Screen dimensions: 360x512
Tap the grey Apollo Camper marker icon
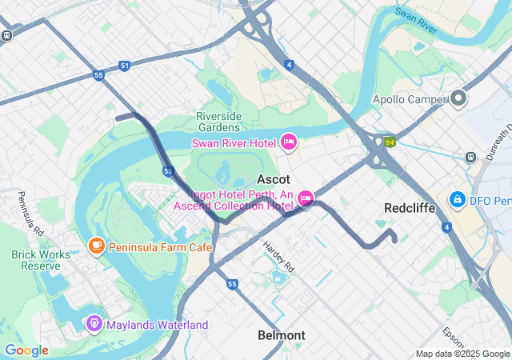[458, 99]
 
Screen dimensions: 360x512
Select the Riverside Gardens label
[218, 122]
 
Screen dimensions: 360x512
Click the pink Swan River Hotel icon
[289, 142]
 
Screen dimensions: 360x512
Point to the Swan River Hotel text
[234, 143]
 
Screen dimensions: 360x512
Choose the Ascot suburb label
[273, 179]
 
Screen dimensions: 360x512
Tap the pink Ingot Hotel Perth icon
[305, 198]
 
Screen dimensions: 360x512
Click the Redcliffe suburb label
[409, 207]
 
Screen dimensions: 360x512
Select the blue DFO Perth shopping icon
[457, 198]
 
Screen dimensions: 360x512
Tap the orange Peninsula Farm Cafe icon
[97, 245]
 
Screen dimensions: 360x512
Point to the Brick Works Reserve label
[36, 260]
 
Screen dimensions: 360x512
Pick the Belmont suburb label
[282, 335]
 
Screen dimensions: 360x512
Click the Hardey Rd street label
[279, 257]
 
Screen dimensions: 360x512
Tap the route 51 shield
[124, 66]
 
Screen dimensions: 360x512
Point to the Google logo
[26, 350]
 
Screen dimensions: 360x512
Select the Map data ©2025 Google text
[462, 354]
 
